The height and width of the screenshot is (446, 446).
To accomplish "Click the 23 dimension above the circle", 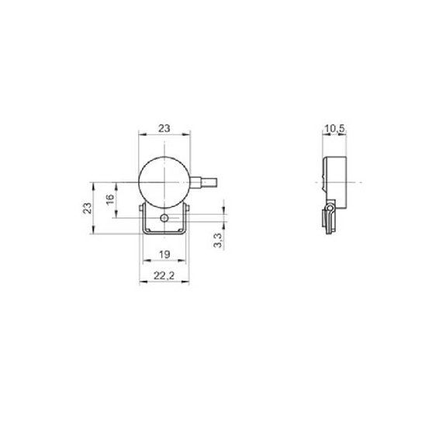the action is tap(164, 129).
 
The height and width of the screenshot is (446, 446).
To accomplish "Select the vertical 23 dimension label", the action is tap(87, 208).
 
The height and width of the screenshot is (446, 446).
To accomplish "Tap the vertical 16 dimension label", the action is tap(110, 199).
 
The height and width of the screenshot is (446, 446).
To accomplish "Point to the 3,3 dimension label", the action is tap(218, 240).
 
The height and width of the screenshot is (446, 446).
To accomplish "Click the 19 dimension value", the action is tap(164, 254).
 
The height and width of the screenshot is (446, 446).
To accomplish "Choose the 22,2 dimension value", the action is tap(164, 275).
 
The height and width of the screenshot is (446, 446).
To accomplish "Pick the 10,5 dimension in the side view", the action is tap(335, 129).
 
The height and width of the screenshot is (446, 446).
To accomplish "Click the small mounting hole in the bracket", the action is tap(164, 218).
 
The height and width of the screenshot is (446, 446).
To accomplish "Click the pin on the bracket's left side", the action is tap(141, 208).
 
